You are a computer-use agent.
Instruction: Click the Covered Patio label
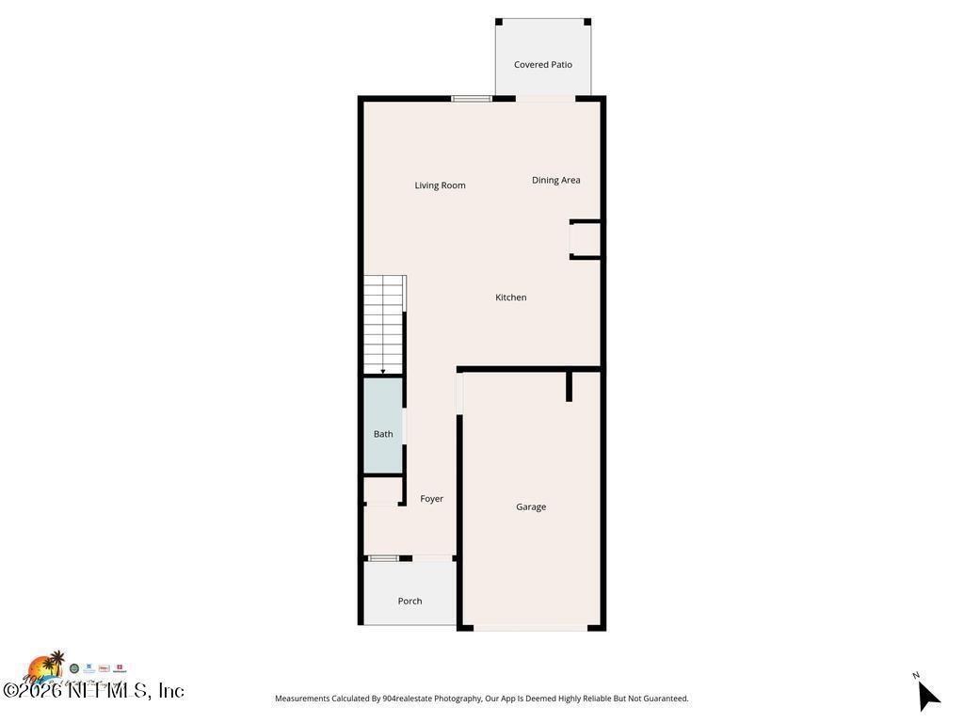coord(543,65)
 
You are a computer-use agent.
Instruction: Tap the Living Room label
coord(441,185)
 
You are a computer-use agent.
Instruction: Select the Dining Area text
coord(556,180)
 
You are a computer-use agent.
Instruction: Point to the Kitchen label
coord(511,297)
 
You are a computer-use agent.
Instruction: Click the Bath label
coord(383,434)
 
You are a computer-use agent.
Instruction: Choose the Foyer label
coord(432,499)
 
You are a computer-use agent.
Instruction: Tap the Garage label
coord(531,506)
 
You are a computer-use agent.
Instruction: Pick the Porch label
coord(410,601)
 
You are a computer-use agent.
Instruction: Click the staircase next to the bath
coord(384,322)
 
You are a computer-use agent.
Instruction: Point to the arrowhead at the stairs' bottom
coord(383,372)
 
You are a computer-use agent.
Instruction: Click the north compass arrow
coord(928,697)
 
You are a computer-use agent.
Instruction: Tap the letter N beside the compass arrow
coord(916,675)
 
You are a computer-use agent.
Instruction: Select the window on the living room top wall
coord(472,98)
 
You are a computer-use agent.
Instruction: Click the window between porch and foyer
coord(383,558)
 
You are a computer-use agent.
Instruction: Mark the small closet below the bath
coord(383,491)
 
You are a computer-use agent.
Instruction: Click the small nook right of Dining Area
coord(586,239)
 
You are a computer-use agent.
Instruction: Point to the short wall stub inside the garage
coord(570,386)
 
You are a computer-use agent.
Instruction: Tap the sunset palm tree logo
coord(45,667)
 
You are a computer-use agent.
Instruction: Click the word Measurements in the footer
coord(302,699)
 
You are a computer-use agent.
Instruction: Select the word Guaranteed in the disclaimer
coord(663,699)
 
